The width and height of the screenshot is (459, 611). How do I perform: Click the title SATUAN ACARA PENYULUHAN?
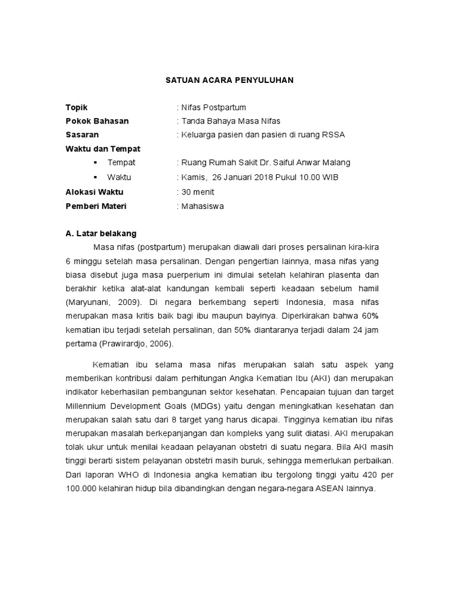point(229,79)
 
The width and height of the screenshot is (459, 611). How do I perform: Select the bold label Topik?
point(76,107)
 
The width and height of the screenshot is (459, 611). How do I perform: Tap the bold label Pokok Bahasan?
point(97,121)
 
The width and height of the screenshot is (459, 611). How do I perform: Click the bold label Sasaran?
point(82,135)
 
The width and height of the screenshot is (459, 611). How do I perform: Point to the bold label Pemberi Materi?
point(96,206)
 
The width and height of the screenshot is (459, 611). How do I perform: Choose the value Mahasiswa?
point(203,206)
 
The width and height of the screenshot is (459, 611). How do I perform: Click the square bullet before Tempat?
point(96,163)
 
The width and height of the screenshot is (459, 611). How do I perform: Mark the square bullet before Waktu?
point(96,177)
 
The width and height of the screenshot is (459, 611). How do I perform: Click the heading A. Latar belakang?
point(101,233)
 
